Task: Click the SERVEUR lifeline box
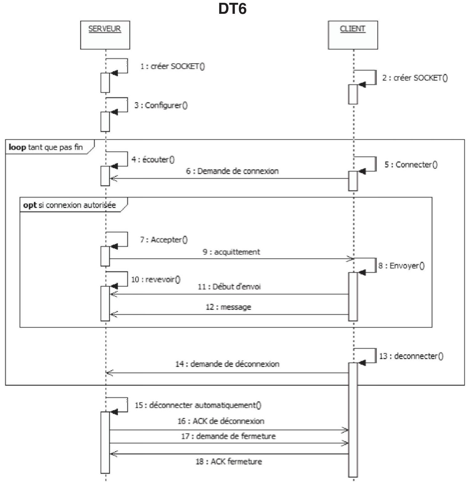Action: coord(105,35)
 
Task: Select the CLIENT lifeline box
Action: coord(353,35)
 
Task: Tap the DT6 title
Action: coord(232,9)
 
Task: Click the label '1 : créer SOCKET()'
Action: coord(173,66)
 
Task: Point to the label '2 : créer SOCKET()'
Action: coord(415,78)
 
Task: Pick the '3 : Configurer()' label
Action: coord(161,105)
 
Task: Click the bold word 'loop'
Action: coord(17,147)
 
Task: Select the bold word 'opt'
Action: coord(30,205)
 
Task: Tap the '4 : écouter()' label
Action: coord(153,159)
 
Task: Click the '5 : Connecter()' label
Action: coord(411,164)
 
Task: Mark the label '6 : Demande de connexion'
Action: coord(232,171)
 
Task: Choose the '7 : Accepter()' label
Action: coord(164,240)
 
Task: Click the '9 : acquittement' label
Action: coord(231,252)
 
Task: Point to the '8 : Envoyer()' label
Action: coord(401,266)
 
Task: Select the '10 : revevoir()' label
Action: coord(156,279)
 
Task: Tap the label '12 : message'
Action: coord(228,307)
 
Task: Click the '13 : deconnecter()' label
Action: coord(411,356)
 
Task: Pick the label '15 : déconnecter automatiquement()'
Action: coord(198,405)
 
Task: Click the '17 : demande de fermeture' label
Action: coord(228,436)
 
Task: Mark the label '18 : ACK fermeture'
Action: coord(229,461)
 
